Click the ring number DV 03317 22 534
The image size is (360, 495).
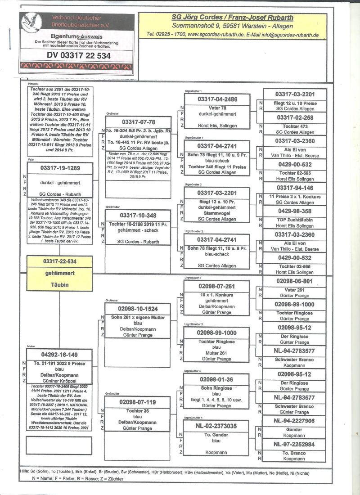tap(79, 56)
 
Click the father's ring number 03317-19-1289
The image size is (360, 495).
tap(60, 168)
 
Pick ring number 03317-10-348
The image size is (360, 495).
tap(138, 215)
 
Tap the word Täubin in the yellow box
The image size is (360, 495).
tap(59, 285)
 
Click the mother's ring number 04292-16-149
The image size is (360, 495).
tap(59, 354)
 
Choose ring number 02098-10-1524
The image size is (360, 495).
tap(138, 310)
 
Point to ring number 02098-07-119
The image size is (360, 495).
tap(138, 402)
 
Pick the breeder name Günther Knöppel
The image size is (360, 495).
tap(59, 381)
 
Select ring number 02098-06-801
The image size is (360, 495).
tap(294, 281)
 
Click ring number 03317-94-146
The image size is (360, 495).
tap(294, 188)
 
